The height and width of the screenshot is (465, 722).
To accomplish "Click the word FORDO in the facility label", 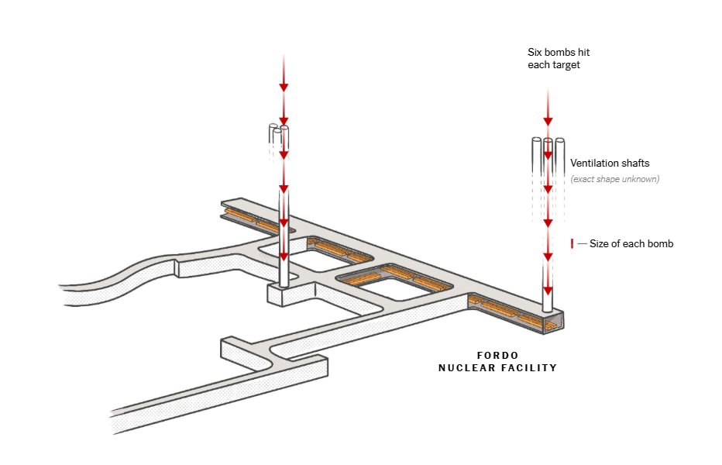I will (x=497, y=355).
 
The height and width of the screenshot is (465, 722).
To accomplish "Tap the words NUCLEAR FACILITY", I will (x=497, y=368).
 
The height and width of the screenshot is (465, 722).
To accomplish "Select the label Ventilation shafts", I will (x=610, y=164).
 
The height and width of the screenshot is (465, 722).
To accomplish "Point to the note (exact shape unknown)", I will (x=614, y=180).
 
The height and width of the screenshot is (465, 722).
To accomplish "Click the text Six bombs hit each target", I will (x=553, y=59).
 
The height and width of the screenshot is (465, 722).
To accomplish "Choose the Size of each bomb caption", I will (x=631, y=244).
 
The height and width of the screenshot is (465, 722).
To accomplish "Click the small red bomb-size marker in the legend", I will (x=572, y=244).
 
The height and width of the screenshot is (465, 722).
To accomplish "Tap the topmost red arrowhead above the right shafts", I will (x=548, y=120).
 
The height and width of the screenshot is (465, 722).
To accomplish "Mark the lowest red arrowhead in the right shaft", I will (x=548, y=291).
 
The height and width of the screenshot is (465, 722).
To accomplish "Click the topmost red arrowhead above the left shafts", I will (x=284, y=85).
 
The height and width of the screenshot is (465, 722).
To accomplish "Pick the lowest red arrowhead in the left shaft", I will (x=284, y=256).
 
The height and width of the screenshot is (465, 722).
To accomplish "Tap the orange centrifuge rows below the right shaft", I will (x=507, y=313).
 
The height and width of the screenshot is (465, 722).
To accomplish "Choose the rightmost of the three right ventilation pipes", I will (x=559, y=155).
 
